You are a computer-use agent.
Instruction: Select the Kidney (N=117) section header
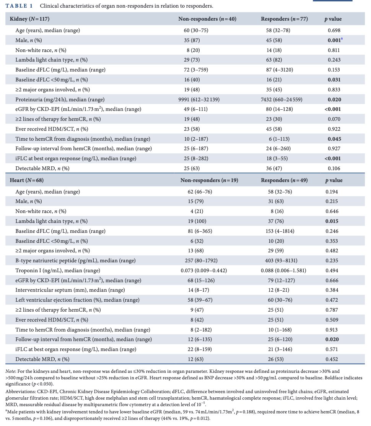29,19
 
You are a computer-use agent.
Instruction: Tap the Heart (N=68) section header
27,180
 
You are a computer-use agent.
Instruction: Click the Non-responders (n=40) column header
207,19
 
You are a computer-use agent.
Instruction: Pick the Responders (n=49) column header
284,180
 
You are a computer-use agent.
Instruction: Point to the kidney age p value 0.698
334,30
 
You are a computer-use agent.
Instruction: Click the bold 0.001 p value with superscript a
335,40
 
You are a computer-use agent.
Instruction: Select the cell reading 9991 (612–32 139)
199,99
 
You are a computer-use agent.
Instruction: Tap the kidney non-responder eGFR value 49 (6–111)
196,109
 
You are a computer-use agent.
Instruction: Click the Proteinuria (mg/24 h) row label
60,99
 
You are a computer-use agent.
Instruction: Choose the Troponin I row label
58,270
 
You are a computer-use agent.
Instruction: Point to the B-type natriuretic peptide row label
75,260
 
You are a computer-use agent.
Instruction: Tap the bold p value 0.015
332,221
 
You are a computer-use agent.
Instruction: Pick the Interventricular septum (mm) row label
70,290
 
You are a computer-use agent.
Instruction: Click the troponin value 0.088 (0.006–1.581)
283,270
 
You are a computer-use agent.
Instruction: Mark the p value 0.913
332,330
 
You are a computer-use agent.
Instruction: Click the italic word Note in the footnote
10,371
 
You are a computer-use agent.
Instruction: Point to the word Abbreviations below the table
18,392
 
